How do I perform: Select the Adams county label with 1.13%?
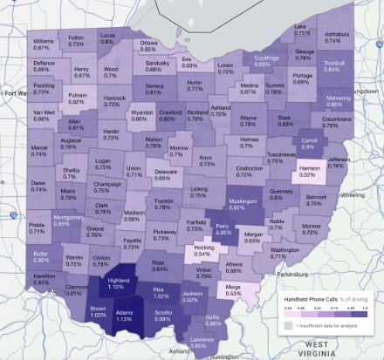click(x=125, y=316)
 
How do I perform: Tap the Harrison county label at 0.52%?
click(x=331, y=171)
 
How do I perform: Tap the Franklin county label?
click(x=163, y=205)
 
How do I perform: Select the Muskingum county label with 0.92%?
click(x=237, y=204)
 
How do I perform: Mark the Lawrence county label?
click(x=202, y=342)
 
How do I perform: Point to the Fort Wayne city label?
click(x=12, y=92)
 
